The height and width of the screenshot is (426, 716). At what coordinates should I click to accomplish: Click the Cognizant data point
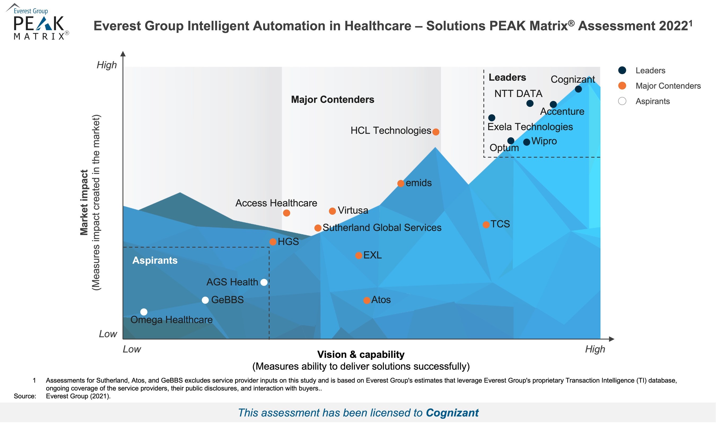[x=578, y=89]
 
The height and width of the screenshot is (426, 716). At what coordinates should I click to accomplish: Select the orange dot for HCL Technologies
[x=436, y=132]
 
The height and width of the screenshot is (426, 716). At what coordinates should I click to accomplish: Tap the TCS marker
[x=486, y=225]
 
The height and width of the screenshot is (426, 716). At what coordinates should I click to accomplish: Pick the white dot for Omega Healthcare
[x=144, y=312]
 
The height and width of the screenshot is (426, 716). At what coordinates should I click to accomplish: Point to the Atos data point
[x=366, y=301]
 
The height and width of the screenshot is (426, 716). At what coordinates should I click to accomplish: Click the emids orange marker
[x=401, y=183]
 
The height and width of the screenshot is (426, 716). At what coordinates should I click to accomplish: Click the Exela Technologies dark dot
[x=492, y=118]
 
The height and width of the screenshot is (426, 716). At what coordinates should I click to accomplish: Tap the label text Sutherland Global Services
[x=382, y=228]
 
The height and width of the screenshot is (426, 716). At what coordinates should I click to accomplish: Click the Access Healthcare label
[x=276, y=203]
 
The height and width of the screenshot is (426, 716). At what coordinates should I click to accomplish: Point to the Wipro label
[x=544, y=141]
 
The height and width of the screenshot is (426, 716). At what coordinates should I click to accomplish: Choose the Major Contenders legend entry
[x=668, y=86]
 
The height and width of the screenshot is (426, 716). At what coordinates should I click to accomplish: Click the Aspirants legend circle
[x=622, y=101]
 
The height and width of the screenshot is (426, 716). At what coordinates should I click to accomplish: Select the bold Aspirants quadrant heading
[x=155, y=260]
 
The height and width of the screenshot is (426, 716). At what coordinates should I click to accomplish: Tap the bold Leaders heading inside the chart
[x=507, y=77]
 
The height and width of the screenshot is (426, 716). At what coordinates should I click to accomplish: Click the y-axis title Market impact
[x=84, y=202]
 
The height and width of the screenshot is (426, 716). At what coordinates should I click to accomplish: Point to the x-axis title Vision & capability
[x=361, y=354]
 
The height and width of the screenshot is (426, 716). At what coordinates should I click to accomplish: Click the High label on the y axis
[x=107, y=65]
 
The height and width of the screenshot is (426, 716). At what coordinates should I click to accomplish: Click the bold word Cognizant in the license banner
[x=452, y=413]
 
